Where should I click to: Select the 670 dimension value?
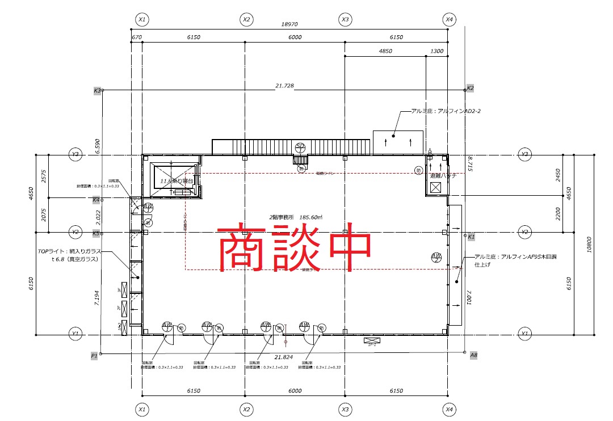click(x=136, y=37)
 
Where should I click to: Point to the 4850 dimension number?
click(x=385, y=51)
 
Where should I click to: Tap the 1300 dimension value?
click(x=437, y=51)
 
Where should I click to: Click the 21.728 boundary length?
click(x=284, y=86)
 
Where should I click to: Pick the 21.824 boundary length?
click(x=283, y=357)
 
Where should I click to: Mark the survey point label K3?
click(x=97, y=90)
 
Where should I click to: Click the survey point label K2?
click(x=470, y=89)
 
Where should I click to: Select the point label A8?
click(x=473, y=355)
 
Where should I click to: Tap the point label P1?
click(x=94, y=355)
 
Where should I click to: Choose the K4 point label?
click(x=96, y=200)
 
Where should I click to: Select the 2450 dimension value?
click(x=558, y=175)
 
